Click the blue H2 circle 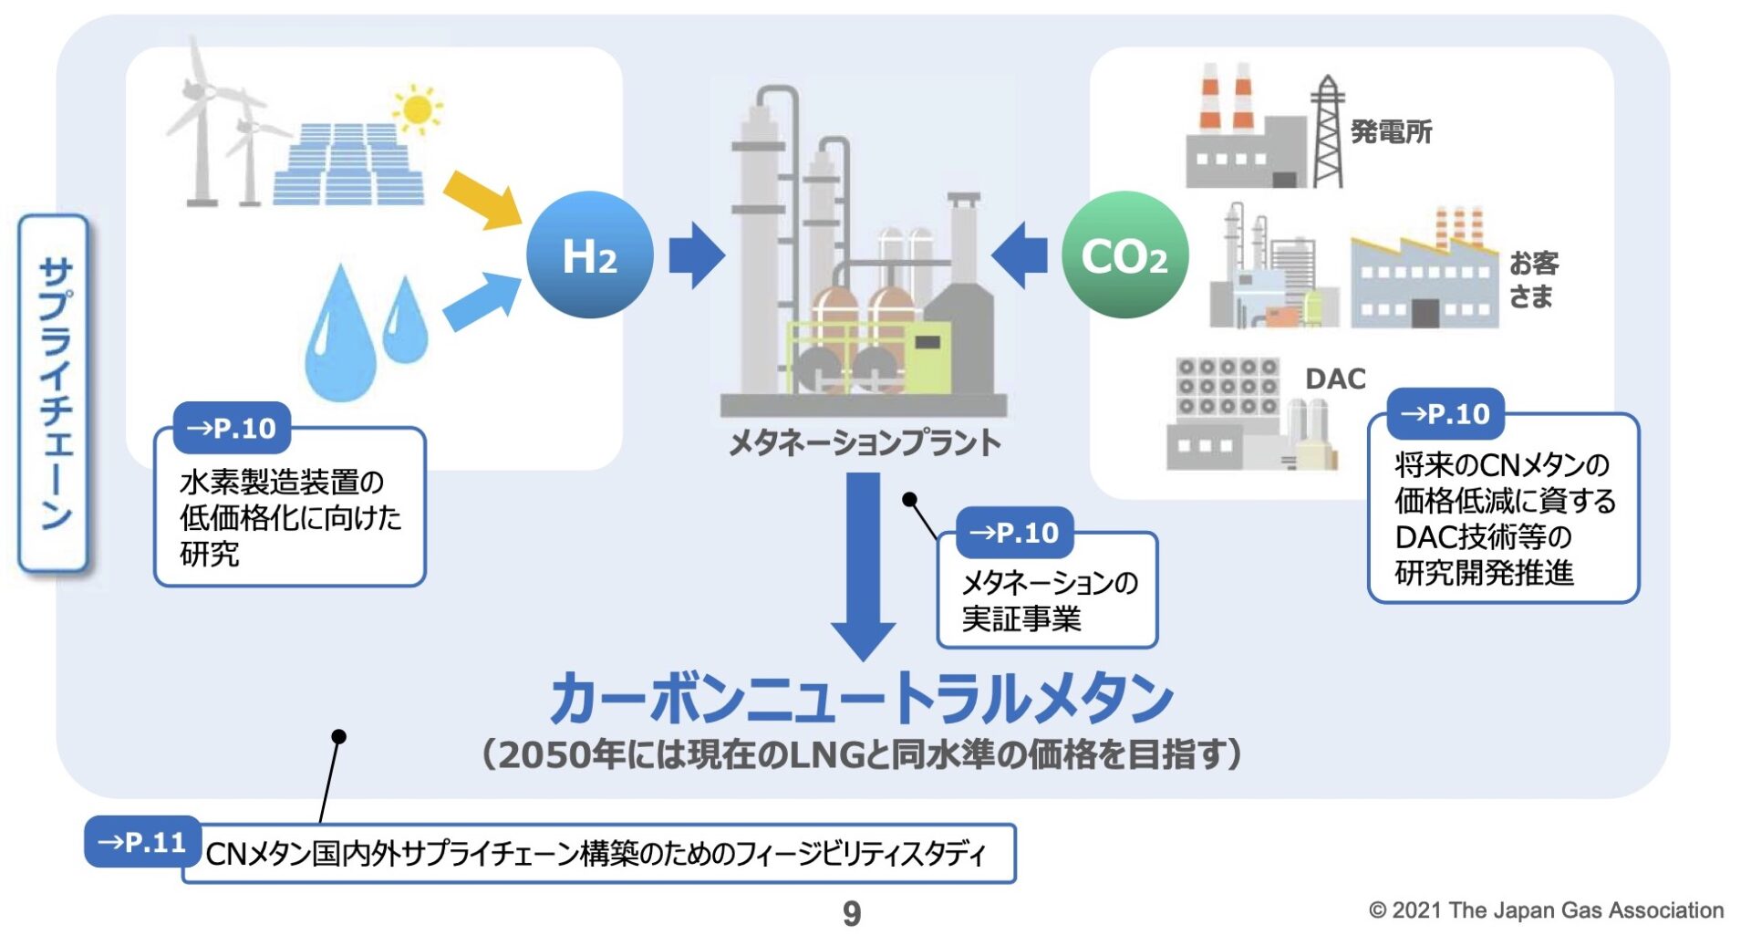pos(589,255)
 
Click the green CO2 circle pos(1124,255)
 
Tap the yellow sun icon pos(418,109)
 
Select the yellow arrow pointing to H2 pos(481,199)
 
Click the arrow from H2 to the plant pos(696,255)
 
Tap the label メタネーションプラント pos(864,443)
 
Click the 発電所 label pos(1391,132)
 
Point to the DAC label pos(1335,379)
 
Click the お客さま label pos(1533,279)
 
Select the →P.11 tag pos(142,841)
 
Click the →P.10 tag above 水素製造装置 pos(232,428)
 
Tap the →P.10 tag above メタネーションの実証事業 pos(1014,533)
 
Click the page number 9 pos(851,912)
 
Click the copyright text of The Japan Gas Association pos(1546,909)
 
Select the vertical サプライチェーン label pos(55,394)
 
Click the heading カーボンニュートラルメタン pos(861,699)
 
